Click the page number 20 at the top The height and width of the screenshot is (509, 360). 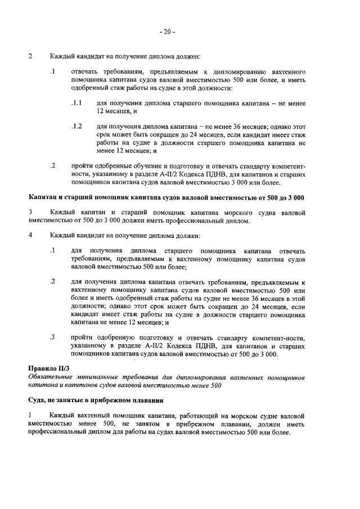166,32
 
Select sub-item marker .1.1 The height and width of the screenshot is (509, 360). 76,104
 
